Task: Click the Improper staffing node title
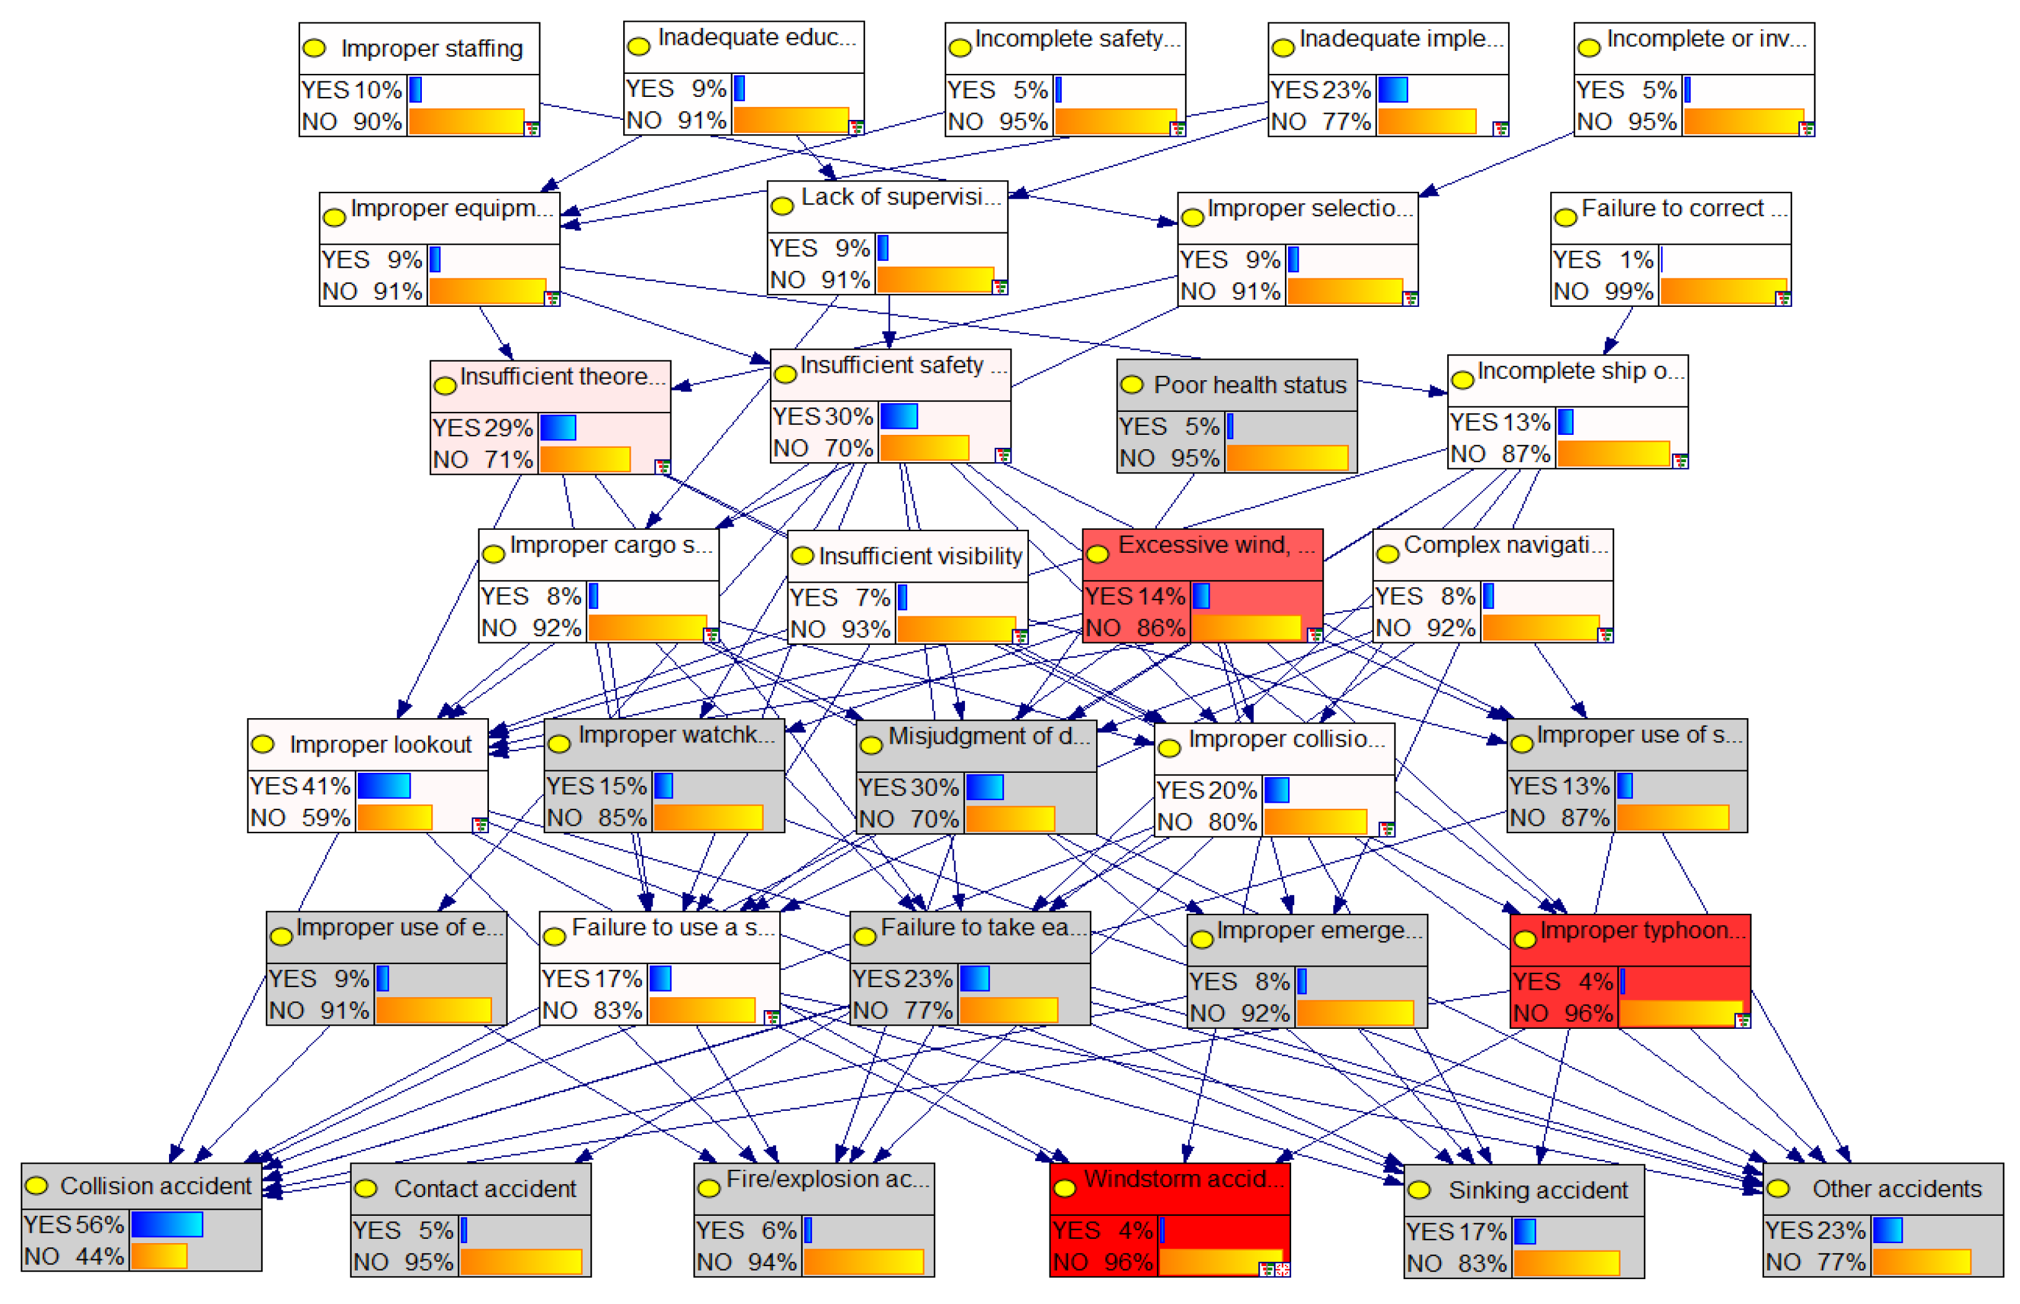431,48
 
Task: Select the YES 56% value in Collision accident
74,1224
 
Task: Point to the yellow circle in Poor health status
1131,385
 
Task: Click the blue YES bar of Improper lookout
383,786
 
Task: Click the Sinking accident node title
1537,1190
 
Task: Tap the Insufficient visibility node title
920,555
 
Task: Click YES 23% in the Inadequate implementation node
1320,89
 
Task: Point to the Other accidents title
1896,1189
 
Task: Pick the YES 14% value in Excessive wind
1135,596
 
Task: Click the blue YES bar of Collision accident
167,1224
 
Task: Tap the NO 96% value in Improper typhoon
1563,1013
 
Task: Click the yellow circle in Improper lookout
263,744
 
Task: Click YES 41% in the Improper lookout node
300,786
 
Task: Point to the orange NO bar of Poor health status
1287,458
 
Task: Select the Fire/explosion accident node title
826,1179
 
